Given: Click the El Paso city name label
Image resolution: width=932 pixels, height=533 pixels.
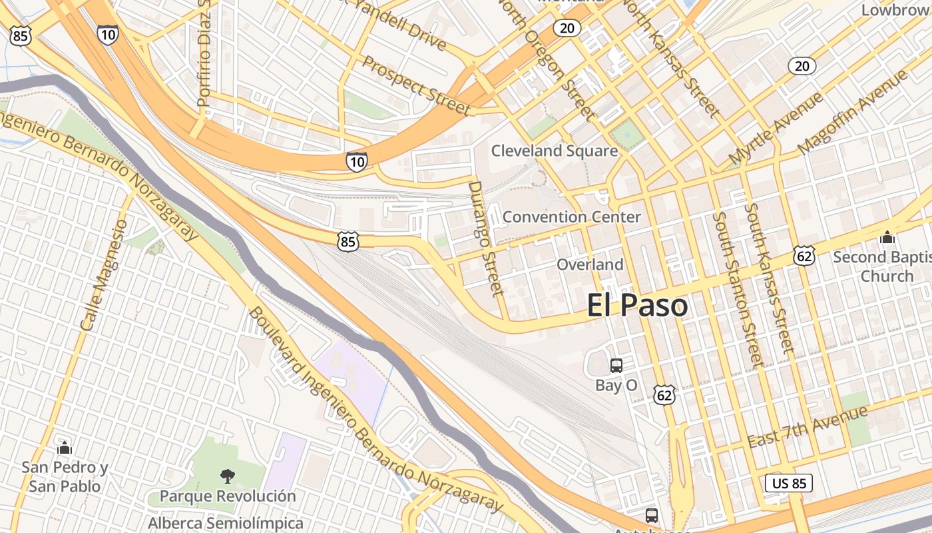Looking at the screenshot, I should pos(637,306).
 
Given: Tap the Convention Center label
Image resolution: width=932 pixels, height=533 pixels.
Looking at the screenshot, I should pos(571,217).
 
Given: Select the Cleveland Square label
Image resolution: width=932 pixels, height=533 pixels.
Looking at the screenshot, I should pos(555,151).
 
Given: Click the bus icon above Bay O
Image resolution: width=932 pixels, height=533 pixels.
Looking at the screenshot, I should pos(616,365).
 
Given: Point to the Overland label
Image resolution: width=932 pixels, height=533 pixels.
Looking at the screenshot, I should pos(590,265).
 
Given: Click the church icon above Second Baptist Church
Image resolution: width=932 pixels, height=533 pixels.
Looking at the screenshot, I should pos(887,237).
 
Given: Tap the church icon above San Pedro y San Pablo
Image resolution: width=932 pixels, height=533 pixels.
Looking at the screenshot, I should pos(65,447).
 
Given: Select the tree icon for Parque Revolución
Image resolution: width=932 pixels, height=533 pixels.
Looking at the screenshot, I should pos(227,476).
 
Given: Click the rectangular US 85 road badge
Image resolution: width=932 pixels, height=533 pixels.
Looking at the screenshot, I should pos(790,483).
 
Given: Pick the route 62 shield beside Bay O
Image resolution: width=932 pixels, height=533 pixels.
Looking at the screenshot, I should pos(664,395).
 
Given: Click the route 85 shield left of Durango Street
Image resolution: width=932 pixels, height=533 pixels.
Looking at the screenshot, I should pos(348,241).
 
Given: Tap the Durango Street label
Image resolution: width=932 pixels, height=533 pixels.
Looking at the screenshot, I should pos(485,238).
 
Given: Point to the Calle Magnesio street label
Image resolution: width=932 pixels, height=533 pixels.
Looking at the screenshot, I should pos(103,275).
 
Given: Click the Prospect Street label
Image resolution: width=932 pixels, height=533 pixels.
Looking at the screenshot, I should pos(417,85).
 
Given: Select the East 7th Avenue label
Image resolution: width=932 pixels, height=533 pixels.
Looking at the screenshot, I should pos(807,427).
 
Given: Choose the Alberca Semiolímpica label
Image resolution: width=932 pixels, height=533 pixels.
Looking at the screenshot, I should pos(225,524).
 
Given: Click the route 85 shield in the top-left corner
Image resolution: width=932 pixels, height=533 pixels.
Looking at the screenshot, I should pos(20,36).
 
